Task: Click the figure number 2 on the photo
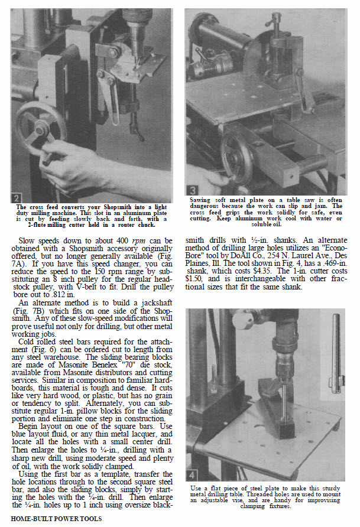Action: click(x=17, y=197)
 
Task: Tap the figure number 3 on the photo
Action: click(x=193, y=191)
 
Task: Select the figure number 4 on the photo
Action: click(x=192, y=476)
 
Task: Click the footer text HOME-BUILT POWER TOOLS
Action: click(x=56, y=519)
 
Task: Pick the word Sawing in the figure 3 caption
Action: click(x=200, y=200)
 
